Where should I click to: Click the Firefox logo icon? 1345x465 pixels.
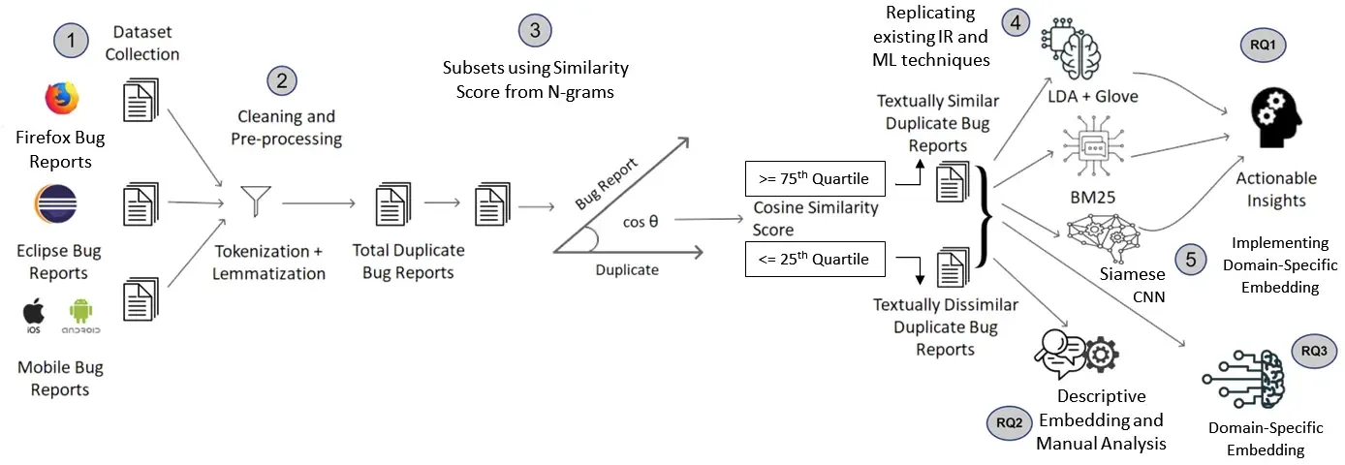click(x=60, y=99)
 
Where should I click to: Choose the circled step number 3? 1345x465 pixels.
click(x=534, y=30)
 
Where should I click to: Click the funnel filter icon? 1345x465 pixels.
click(x=258, y=201)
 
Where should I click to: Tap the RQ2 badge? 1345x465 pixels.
click(x=1009, y=422)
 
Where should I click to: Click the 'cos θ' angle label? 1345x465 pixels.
click(x=641, y=221)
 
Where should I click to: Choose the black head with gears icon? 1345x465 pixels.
click(x=1276, y=119)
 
